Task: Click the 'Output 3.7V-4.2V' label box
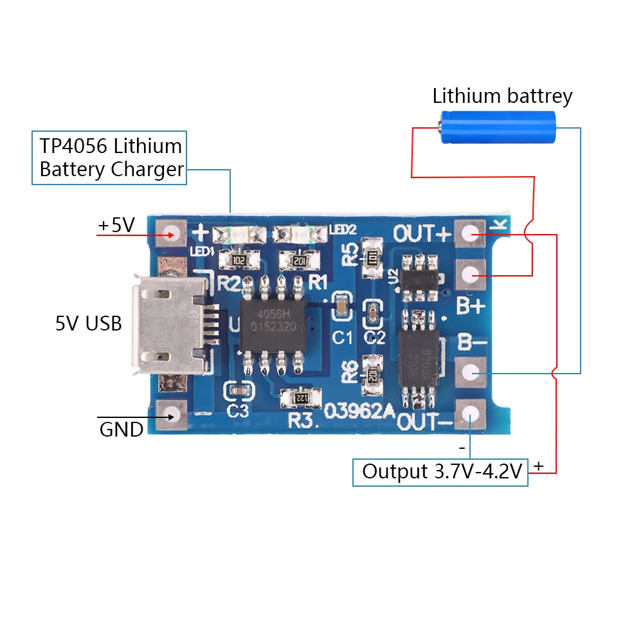click(x=440, y=472)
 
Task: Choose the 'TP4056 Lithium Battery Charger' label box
click(x=109, y=158)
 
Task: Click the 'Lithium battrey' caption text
click(x=502, y=96)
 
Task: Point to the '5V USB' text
click(x=88, y=323)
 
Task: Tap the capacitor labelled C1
click(x=341, y=307)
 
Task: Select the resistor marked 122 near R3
click(x=299, y=399)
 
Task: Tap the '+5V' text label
click(x=116, y=226)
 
